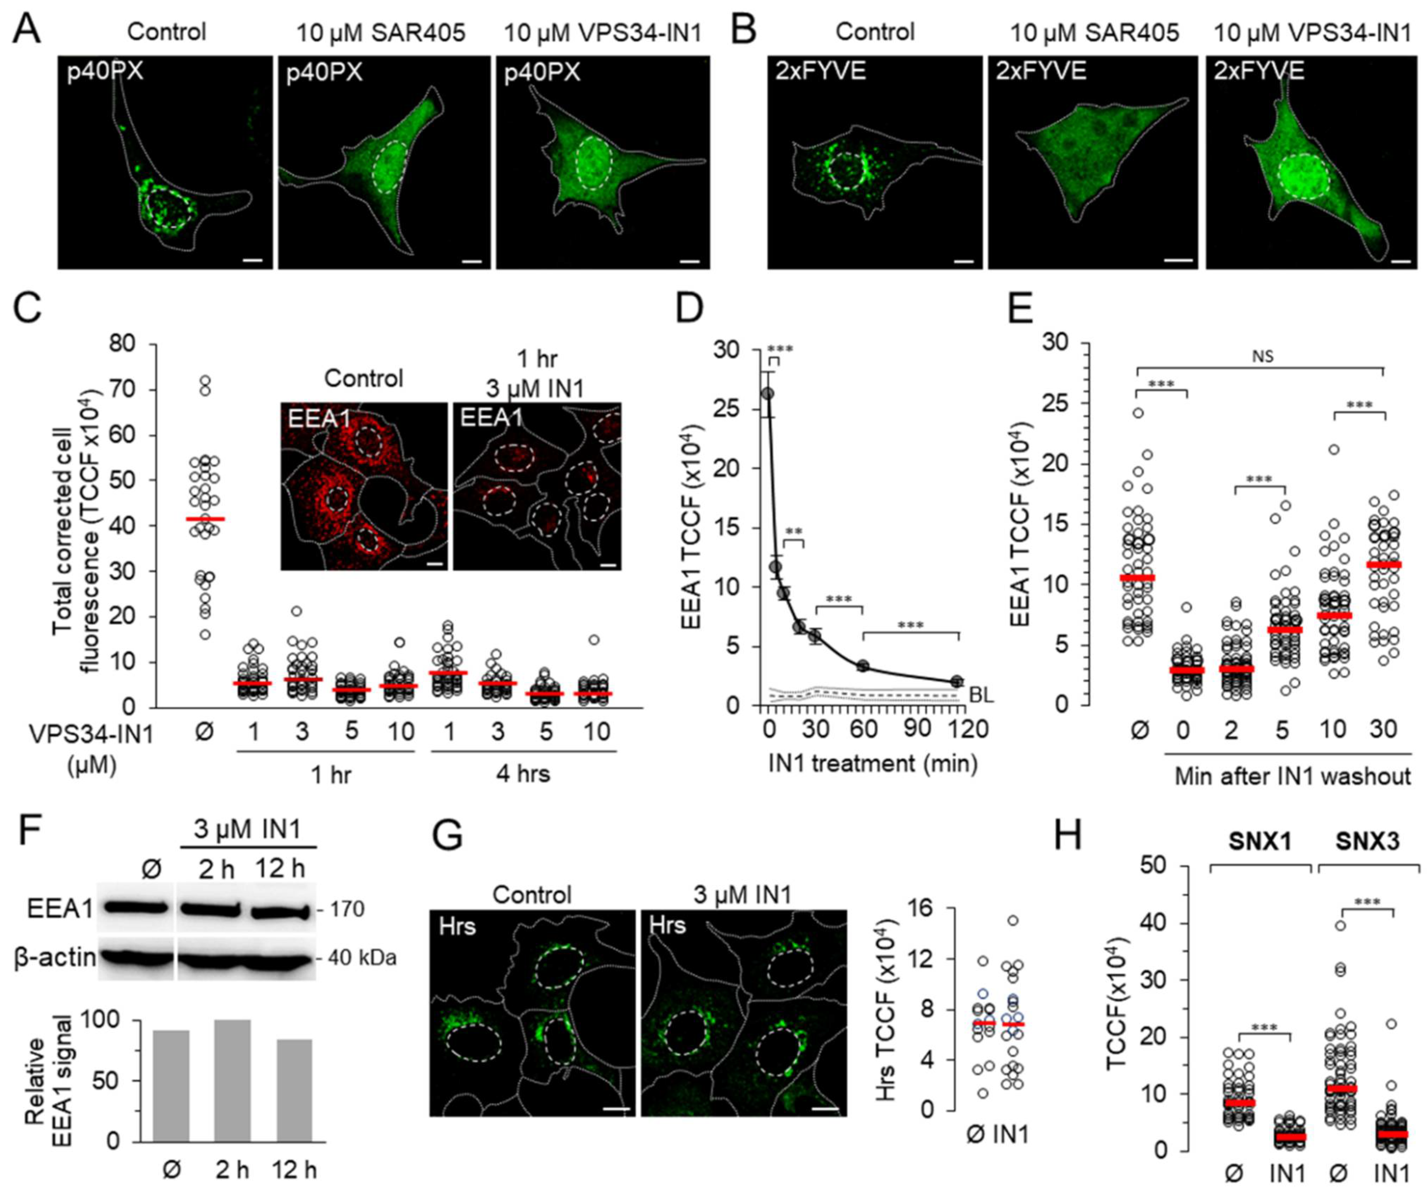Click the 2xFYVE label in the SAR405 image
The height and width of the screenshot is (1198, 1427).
coord(1041,71)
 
